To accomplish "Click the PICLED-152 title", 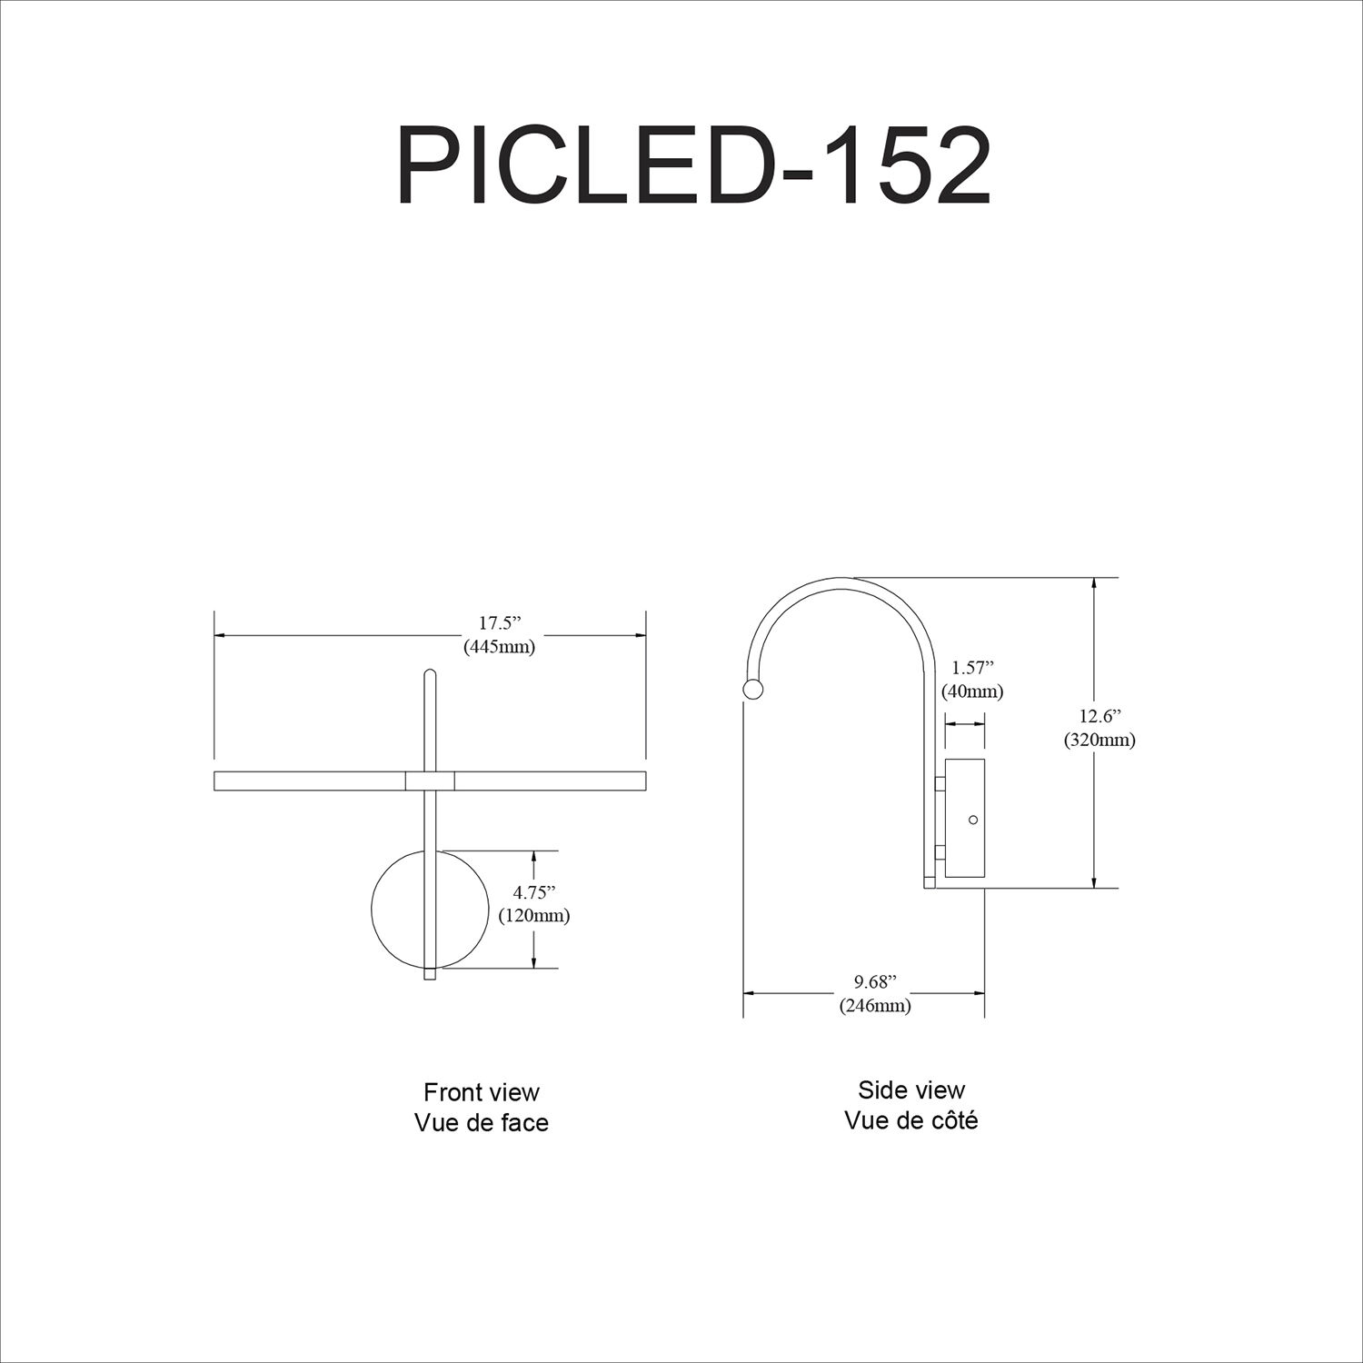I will click(x=692, y=167).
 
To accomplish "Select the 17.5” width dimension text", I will click(x=499, y=623).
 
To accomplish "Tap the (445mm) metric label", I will click(x=499, y=647).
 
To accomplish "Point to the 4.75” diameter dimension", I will click(x=533, y=891).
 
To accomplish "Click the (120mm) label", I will click(x=533, y=916).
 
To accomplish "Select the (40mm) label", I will click(x=971, y=691).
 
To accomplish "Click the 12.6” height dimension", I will click(x=1099, y=715).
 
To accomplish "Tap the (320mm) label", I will click(x=1099, y=740).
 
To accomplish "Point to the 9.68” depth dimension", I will click(x=874, y=981).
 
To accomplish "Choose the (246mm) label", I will click(x=874, y=1006).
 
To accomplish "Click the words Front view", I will click(x=482, y=1091).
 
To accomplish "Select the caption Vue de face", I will click(x=482, y=1123).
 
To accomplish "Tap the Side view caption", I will click(x=911, y=1089).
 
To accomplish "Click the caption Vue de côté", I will click(x=911, y=1121).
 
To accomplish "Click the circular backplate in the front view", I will click(x=398, y=909).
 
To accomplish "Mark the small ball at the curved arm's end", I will click(x=753, y=690).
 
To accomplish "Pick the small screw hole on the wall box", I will click(x=973, y=820).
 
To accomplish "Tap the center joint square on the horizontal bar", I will click(x=430, y=781).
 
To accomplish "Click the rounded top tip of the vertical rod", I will click(x=430, y=673).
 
